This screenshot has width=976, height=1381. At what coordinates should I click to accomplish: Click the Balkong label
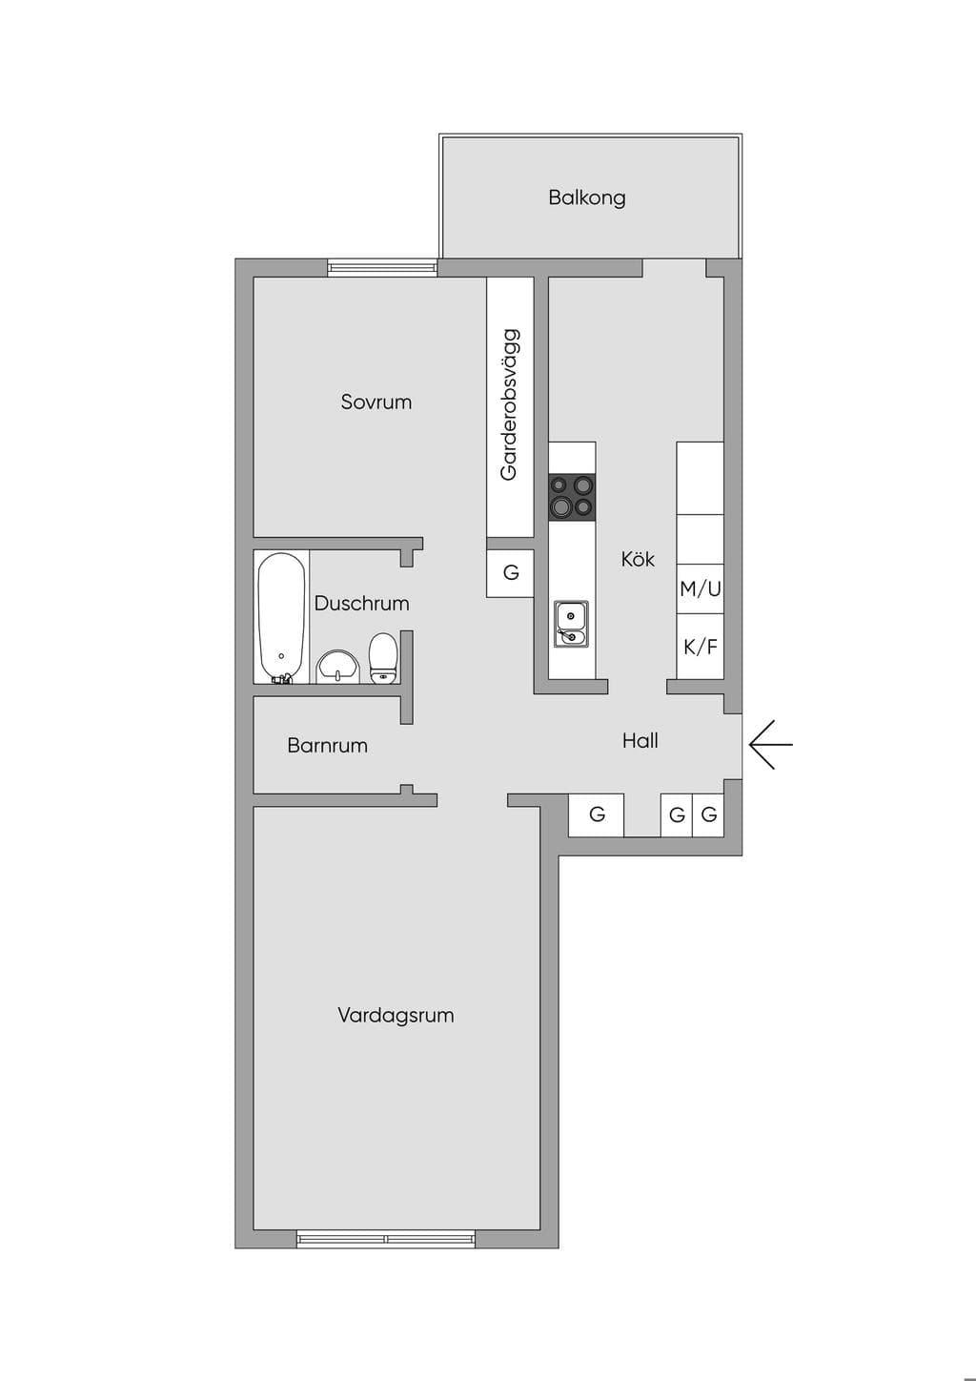click(586, 198)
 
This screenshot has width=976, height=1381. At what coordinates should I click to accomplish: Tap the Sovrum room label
click(376, 402)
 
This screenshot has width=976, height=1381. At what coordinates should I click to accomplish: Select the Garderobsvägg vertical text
click(510, 404)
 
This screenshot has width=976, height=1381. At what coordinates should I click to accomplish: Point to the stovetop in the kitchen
click(572, 497)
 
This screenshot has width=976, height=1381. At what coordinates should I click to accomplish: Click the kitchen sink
click(571, 624)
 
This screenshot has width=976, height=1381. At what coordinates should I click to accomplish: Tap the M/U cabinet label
click(700, 588)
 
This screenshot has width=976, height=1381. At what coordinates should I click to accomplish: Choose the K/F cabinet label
click(701, 647)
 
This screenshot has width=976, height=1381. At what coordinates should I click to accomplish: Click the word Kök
click(638, 559)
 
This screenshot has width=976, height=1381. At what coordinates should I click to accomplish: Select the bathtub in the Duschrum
click(281, 618)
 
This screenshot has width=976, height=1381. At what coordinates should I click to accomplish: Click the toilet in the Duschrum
click(383, 658)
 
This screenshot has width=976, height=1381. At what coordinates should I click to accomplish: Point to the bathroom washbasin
click(337, 667)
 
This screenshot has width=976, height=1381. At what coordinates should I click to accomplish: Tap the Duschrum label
click(361, 603)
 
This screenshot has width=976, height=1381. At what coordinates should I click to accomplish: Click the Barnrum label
click(327, 746)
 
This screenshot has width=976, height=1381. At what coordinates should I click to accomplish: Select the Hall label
click(640, 740)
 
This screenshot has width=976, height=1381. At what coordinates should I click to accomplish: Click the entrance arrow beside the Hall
click(771, 744)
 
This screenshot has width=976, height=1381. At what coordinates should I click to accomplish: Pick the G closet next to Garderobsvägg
click(510, 573)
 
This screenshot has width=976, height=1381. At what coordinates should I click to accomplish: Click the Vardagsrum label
click(396, 1015)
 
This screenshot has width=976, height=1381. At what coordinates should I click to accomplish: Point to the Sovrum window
click(382, 267)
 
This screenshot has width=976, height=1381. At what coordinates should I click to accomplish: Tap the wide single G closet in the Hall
click(596, 815)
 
